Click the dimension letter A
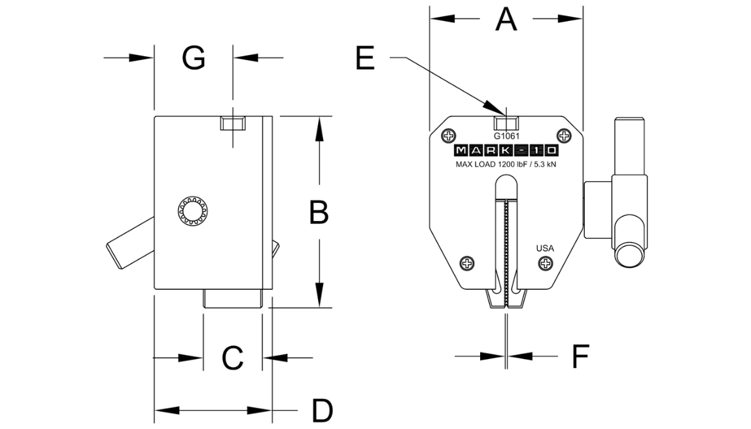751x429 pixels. (x=506, y=20)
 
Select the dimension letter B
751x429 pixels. (x=319, y=212)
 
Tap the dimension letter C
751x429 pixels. (x=233, y=358)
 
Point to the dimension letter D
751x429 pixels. (x=323, y=410)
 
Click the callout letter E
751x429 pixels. (x=365, y=58)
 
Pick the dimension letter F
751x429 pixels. (x=580, y=356)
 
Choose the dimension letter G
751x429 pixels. (x=194, y=58)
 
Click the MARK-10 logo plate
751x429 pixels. (x=506, y=150)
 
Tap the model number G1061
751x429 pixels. (x=507, y=136)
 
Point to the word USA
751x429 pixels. (x=545, y=248)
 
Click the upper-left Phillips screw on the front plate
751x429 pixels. (x=449, y=136)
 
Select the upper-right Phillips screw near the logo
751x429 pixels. (x=564, y=136)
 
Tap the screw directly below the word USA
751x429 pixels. (x=546, y=263)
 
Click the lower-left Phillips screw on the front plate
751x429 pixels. (x=467, y=263)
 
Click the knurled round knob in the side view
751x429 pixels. (x=193, y=211)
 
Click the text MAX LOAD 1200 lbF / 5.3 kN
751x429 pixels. (x=506, y=164)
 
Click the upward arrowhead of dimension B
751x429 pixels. (x=319, y=129)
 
